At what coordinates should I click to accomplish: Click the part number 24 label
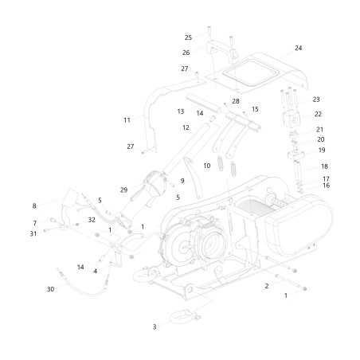tap(298, 48)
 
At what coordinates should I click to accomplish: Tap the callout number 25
tap(189, 37)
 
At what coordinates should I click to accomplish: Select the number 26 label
tap(186, 53)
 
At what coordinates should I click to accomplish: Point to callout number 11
tap(127, 119)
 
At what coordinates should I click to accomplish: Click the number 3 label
tap(155, 327)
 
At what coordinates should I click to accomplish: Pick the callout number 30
tap(50, 289)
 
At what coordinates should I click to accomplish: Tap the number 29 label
tap(123, 190)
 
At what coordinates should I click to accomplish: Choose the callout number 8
tap(34, 205)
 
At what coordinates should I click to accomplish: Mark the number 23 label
tap(316, 100)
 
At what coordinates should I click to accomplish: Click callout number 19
tap(322, 150)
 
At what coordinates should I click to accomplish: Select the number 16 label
tap(326, 186)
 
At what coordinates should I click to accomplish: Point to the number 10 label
tap(207, 166)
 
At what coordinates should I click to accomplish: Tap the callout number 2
tap(267, 285)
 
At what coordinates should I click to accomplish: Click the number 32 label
tap(92, 220)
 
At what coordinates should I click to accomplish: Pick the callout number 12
tap(186, 127)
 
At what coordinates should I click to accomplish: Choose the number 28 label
tap(236, 101)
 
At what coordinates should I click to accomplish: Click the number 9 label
tap(182, 181)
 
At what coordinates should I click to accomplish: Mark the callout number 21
tap(319, 129)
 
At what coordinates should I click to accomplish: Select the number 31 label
tap(34, 233)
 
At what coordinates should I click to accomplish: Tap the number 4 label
tap(95, 272)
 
